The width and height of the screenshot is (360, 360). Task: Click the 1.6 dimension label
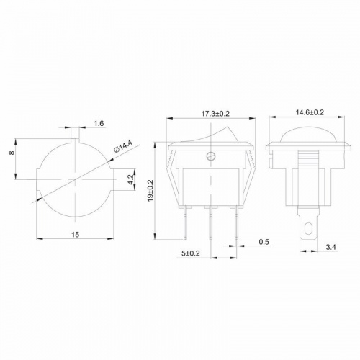(99, 123)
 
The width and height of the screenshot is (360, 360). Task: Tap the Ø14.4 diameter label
(123, 147)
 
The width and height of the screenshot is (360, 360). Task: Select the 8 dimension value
(12, 153)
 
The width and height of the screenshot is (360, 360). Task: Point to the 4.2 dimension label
(131, 179)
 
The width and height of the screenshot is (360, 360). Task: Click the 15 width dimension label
(75, 235)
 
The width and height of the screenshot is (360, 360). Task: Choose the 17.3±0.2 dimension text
(215, 113)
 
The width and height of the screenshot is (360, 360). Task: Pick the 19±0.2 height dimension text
(150, 190)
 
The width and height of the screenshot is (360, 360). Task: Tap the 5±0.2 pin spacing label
(190, 253)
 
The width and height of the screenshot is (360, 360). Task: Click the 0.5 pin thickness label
(264, 242)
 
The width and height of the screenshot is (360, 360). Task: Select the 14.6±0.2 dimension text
(310, 112)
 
